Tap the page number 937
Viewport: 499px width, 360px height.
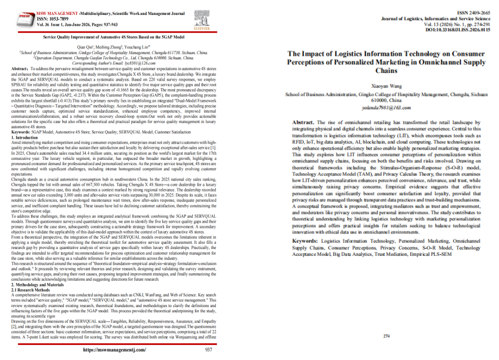(209, 349)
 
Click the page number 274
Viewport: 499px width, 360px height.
(386, 320)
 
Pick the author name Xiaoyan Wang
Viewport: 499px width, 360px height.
(386, 85)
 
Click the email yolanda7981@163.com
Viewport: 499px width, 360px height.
(386, 107)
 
